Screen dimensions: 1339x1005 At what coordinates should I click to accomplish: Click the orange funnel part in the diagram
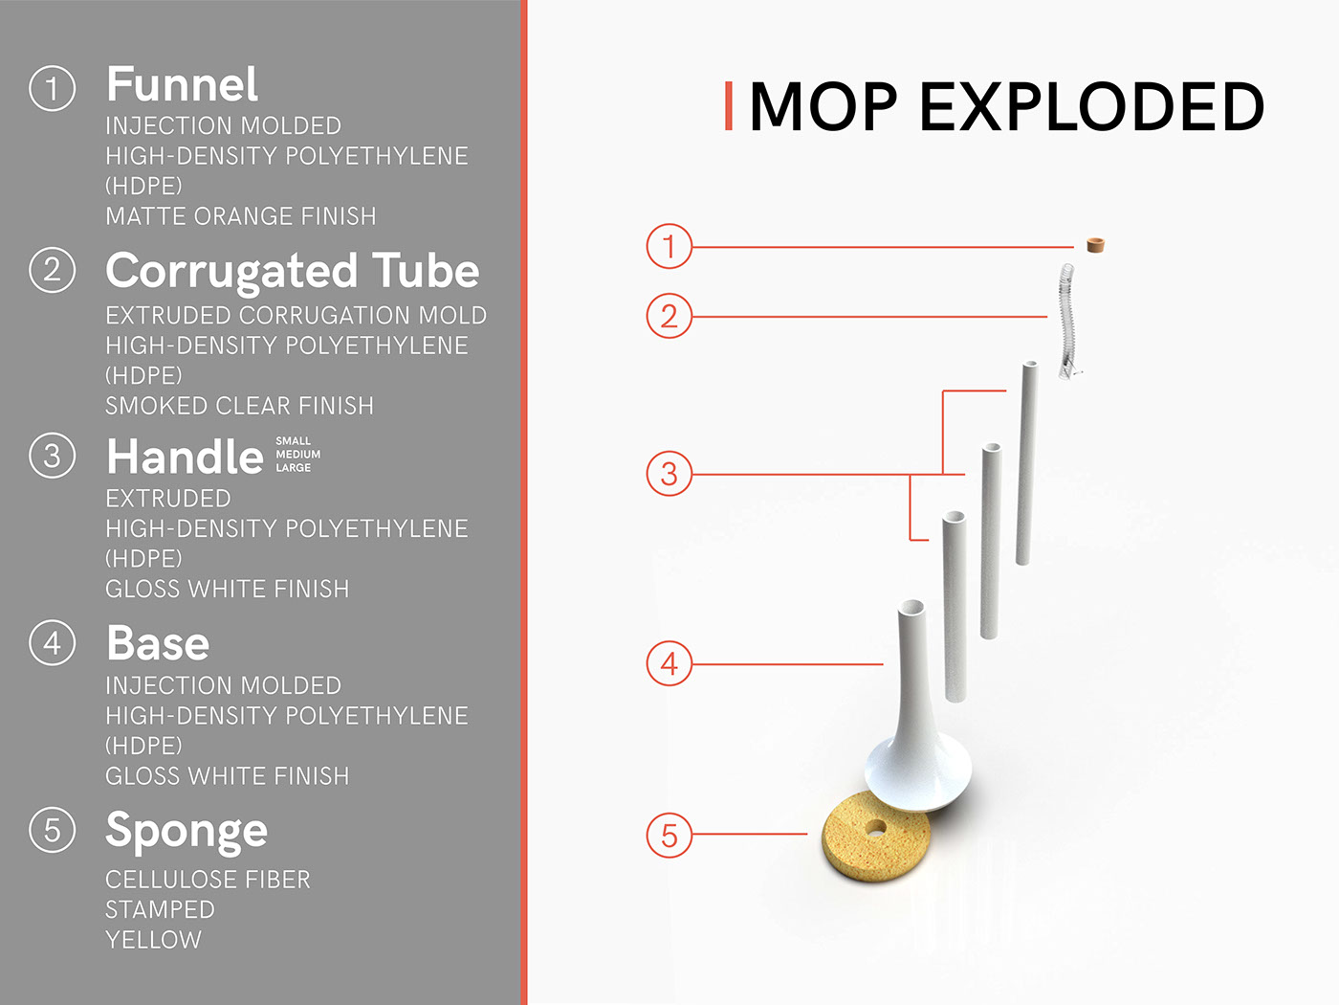pyautogui.click(x=1095, y=245)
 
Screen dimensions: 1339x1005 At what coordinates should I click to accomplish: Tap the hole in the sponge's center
pyautogui.click(x=875, y=826)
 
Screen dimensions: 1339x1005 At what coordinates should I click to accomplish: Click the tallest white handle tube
pyautogui.click(x=1027, y=459)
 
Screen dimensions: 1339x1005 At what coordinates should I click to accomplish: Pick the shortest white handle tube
pyautogui.click(x=954, y=603)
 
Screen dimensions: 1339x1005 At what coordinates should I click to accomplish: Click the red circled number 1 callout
pyautogui.click(x=669, y=246)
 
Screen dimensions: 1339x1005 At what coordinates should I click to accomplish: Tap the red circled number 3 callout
pyautogui.click(x=669, y=474)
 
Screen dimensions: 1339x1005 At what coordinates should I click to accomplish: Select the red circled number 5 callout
pyautogui.click(x=669, y=835)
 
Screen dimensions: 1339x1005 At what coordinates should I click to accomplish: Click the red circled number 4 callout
pyautogui.click(x=669, y=663)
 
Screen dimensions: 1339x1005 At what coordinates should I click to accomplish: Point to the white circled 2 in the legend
pyautogui.click(x=53, y=270)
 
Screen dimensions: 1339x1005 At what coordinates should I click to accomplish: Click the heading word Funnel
pyautogui.click(x=182, y=85)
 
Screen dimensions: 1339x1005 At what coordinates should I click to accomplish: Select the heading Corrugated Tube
pyautogui.click(x=292, y=272)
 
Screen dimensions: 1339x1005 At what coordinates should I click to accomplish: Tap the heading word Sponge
pyautogui.click(x=187, y=831)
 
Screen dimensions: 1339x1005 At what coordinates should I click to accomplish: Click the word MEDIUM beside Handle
pyautogui.click(x=298, y=455)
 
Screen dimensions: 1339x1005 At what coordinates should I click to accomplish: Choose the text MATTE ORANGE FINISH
pyautogui.click(x=240, y=216)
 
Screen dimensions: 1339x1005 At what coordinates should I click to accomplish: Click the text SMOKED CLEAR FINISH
pyautogui.click(x=239, y=406)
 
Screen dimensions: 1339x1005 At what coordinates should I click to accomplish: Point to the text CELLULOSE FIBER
pyautogui.click(x=208, y=880)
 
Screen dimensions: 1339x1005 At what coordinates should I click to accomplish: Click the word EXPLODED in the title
pyautogui.click(x=1091, y=106)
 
